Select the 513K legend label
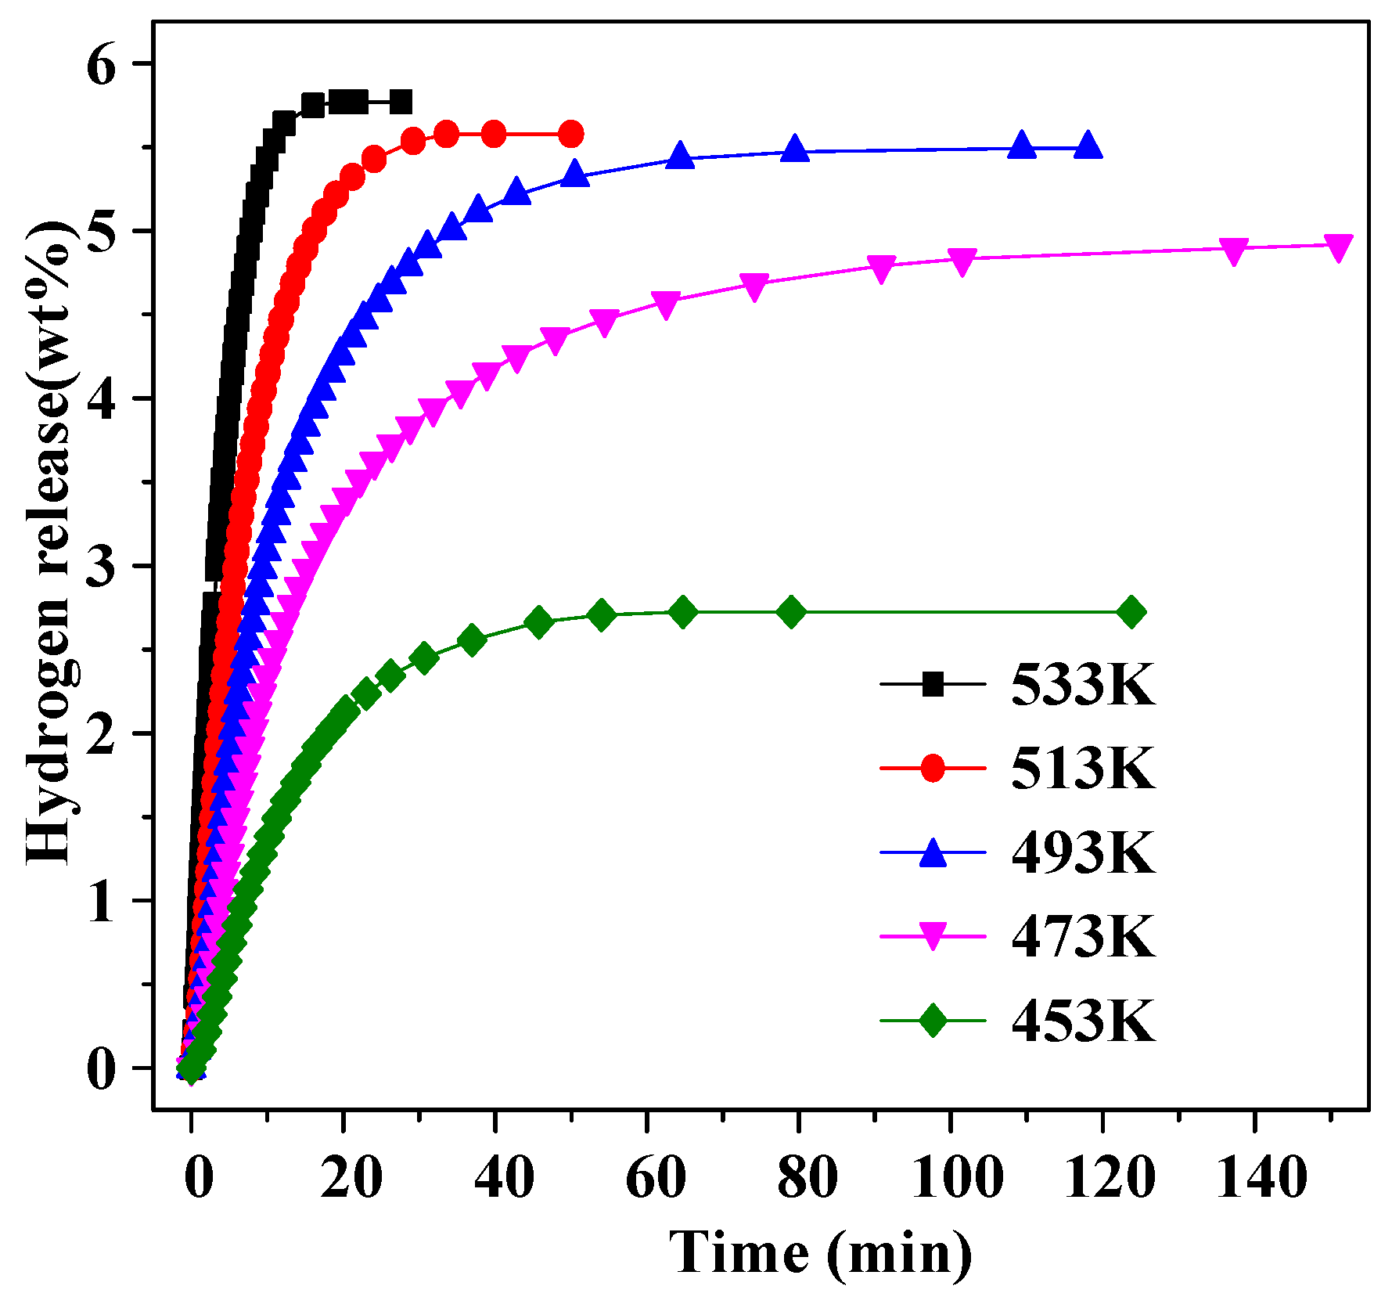(x=1083, y=768)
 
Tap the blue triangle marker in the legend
(x=933, y=852)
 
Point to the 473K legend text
(x=1083, y=936)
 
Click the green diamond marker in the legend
(x=933, y=1021)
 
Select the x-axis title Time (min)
(x=821, y=1252)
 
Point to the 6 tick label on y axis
(x=101, y=66)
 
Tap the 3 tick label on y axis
(x=101, y=567)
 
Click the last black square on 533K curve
(x=401, y=102)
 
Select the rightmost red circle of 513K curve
(x=571, y=134)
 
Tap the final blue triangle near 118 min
(x=1088, y=146)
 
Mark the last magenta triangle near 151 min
(x=1339, y=247)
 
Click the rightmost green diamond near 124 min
(x=1131, y=612)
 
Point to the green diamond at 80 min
(x=792, y=612)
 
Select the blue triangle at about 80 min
(x=795, y=149)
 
